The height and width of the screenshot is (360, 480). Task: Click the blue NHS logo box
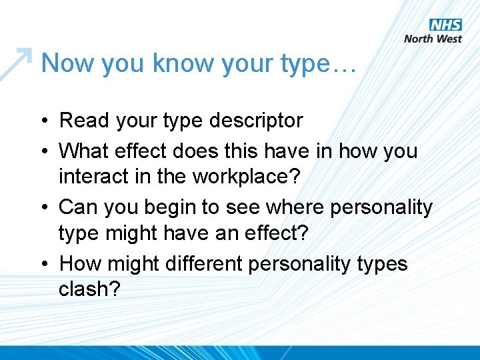tap(445, 25)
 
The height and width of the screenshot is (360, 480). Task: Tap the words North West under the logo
tap(433, 39)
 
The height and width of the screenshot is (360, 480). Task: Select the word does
tap(190, 151)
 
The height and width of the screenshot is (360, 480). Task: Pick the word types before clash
tap(383, 265)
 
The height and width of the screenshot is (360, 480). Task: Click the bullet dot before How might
tap(42, 265)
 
